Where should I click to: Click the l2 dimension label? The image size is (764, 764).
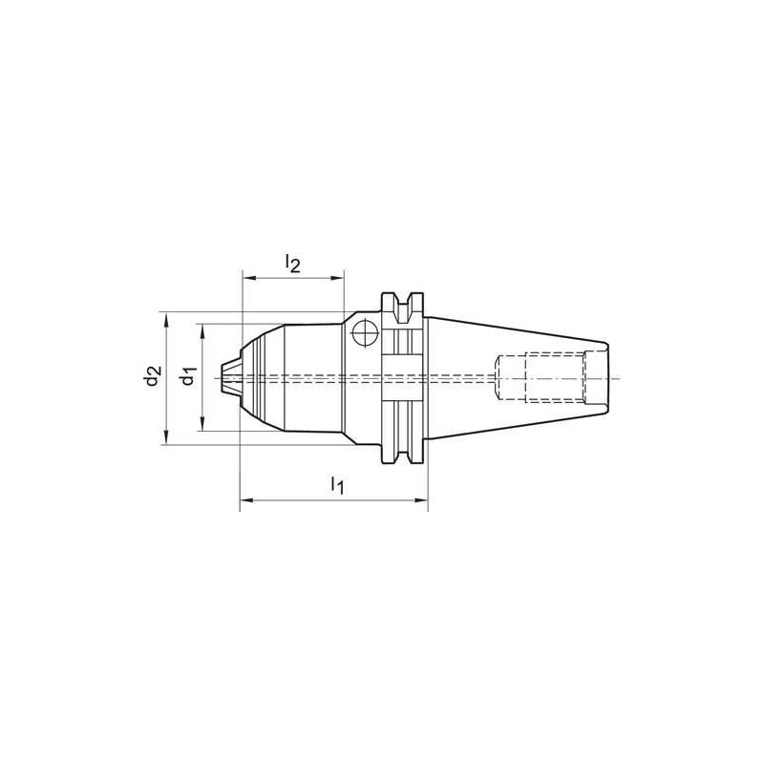click(x=293, y=264)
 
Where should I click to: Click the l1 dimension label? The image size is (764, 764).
click(x=336, y=485)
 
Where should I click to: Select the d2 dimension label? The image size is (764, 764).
click(x=152, y=376)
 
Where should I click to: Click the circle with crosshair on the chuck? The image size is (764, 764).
click(x=363, y=333)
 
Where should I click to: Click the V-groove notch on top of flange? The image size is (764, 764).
click(x=405, y=304)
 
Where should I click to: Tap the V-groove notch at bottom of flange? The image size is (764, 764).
click(x=405, y=451)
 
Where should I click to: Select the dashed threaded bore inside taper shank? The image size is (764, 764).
click(x=540, y=376)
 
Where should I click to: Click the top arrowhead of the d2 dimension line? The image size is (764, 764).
click(x=166, y=316)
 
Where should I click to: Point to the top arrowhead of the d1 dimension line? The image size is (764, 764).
click(x=202, y=328)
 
